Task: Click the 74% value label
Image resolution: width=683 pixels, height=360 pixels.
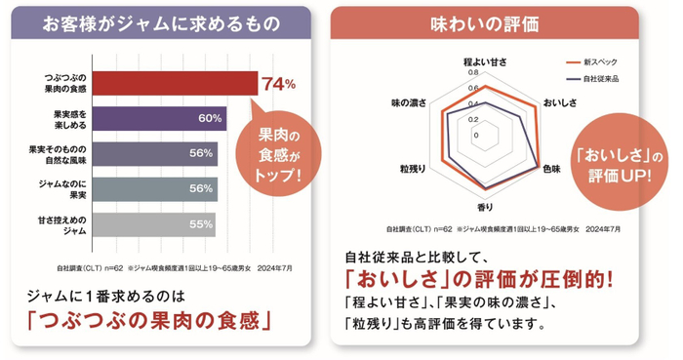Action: click(277, 84)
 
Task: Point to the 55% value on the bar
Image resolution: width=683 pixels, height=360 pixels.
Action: click(201, 223)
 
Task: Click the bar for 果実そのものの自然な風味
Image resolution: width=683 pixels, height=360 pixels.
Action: click(146, 153)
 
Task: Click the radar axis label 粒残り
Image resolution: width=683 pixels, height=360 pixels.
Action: click(412, 169)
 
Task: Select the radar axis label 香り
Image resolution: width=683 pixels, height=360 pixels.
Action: click(484, 207)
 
